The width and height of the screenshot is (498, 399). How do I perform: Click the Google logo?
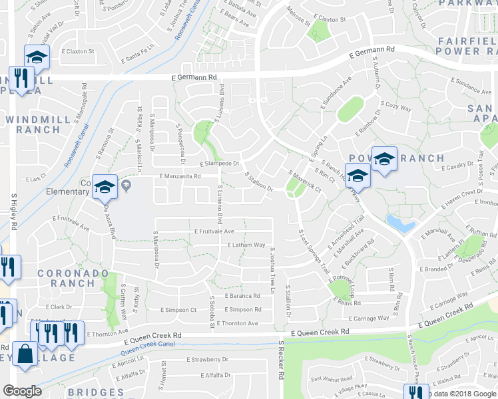pyautogui.click(x=22, y=391)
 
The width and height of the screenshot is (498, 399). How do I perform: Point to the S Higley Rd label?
pyautogui.click(x=13, y=212)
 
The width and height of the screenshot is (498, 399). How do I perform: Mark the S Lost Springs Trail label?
pyautogui.click(x=315, y=253)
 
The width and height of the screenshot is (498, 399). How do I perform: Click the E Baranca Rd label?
pyautogui.click(x=242, y=295)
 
